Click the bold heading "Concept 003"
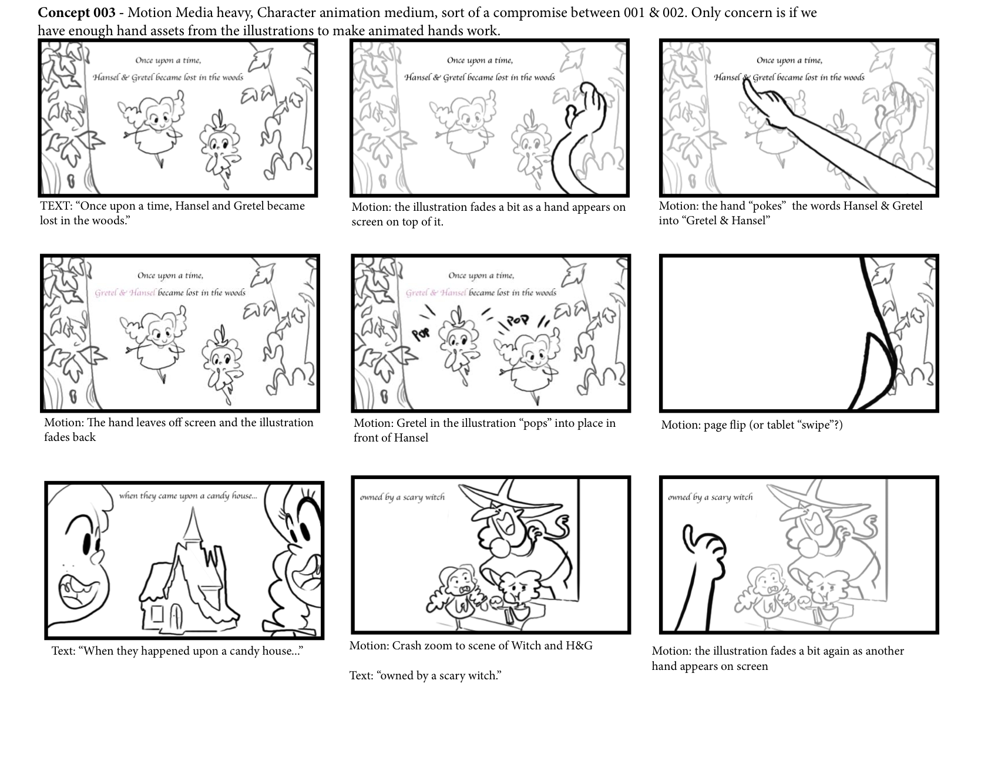click(x=76, y=13)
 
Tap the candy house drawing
click(x=183, y=573)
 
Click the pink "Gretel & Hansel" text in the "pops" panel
click(x=436, y=293)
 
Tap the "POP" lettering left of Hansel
click(x=421, y=333)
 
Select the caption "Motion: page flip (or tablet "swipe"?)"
click(x=751, y=425)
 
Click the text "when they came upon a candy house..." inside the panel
click(x=188, y=496)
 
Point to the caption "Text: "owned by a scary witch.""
click(x=425, y=675)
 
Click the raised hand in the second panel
click(x=585, y=106)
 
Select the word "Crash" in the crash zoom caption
click(x=406, y=646)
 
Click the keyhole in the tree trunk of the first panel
click(x=73, y=179)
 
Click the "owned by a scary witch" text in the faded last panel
click(x=710, y=497)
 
